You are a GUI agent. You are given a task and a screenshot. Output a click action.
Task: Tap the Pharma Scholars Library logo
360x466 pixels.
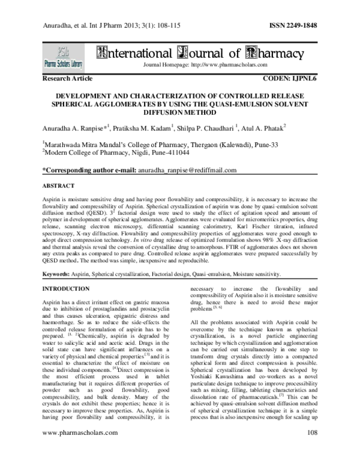tap(64, 58)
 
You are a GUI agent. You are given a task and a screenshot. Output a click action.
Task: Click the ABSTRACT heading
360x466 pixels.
tap(59, 186)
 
